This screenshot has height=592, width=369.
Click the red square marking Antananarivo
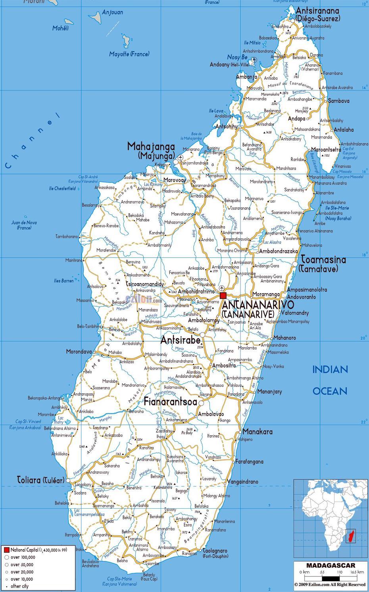(x=223, y=295)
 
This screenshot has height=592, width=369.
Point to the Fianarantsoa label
(x=170, y=402)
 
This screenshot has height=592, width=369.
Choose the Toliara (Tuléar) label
(x=41, y=480)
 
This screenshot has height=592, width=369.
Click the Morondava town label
(x=79, y=352)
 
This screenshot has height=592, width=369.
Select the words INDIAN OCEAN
(x=330, y=380)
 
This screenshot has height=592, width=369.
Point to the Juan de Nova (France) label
(x=24, y=225)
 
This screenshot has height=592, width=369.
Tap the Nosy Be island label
(x=237, y=58)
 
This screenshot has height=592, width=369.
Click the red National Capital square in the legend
(x=6, y=550)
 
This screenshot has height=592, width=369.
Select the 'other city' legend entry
(x=19, y=586)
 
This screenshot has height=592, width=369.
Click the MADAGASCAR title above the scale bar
(x=330, y=565)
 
